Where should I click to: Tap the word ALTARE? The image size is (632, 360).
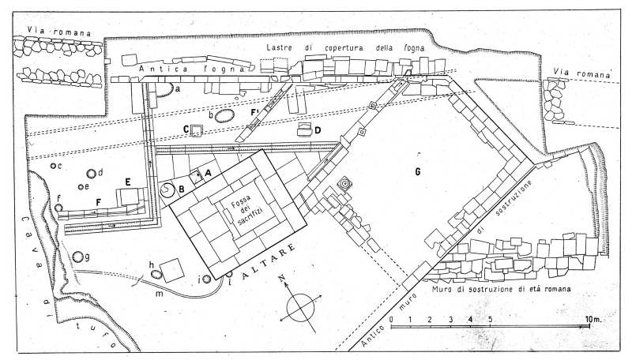269,261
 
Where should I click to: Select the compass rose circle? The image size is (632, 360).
300,308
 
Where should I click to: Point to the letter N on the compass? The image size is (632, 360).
283,278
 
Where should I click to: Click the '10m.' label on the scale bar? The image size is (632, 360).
593,319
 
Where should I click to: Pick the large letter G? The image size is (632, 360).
418,172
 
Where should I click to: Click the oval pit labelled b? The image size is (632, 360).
224,116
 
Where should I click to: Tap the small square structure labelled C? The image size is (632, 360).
196,130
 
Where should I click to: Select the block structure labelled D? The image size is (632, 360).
305,129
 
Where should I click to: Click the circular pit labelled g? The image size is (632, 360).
78,257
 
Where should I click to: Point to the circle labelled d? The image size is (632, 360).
92,174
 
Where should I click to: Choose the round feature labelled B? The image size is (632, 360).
167,190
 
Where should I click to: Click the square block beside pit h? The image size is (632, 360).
172,270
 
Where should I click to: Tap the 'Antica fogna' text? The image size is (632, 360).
192,69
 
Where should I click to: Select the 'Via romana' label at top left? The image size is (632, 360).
58,31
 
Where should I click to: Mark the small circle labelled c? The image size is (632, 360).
53,166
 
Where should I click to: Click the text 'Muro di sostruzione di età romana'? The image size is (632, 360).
501,289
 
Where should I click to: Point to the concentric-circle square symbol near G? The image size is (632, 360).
345,184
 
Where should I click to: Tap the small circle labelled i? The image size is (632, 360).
207,279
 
